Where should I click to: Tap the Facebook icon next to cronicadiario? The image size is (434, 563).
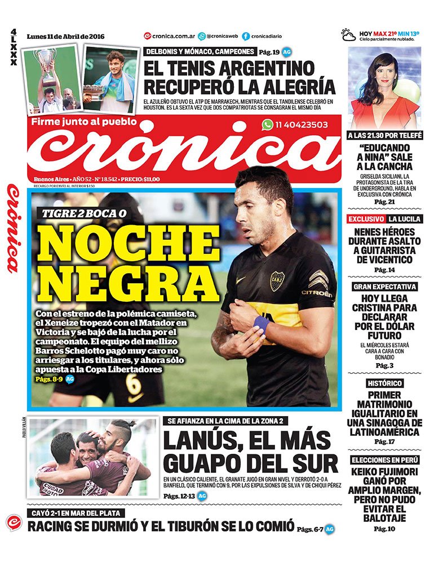click(246, 36)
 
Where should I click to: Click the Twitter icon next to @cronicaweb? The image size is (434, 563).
click(193, 36)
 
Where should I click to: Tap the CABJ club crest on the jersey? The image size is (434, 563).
click(277, 280)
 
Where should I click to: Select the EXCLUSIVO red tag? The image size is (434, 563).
click(366, 218)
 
